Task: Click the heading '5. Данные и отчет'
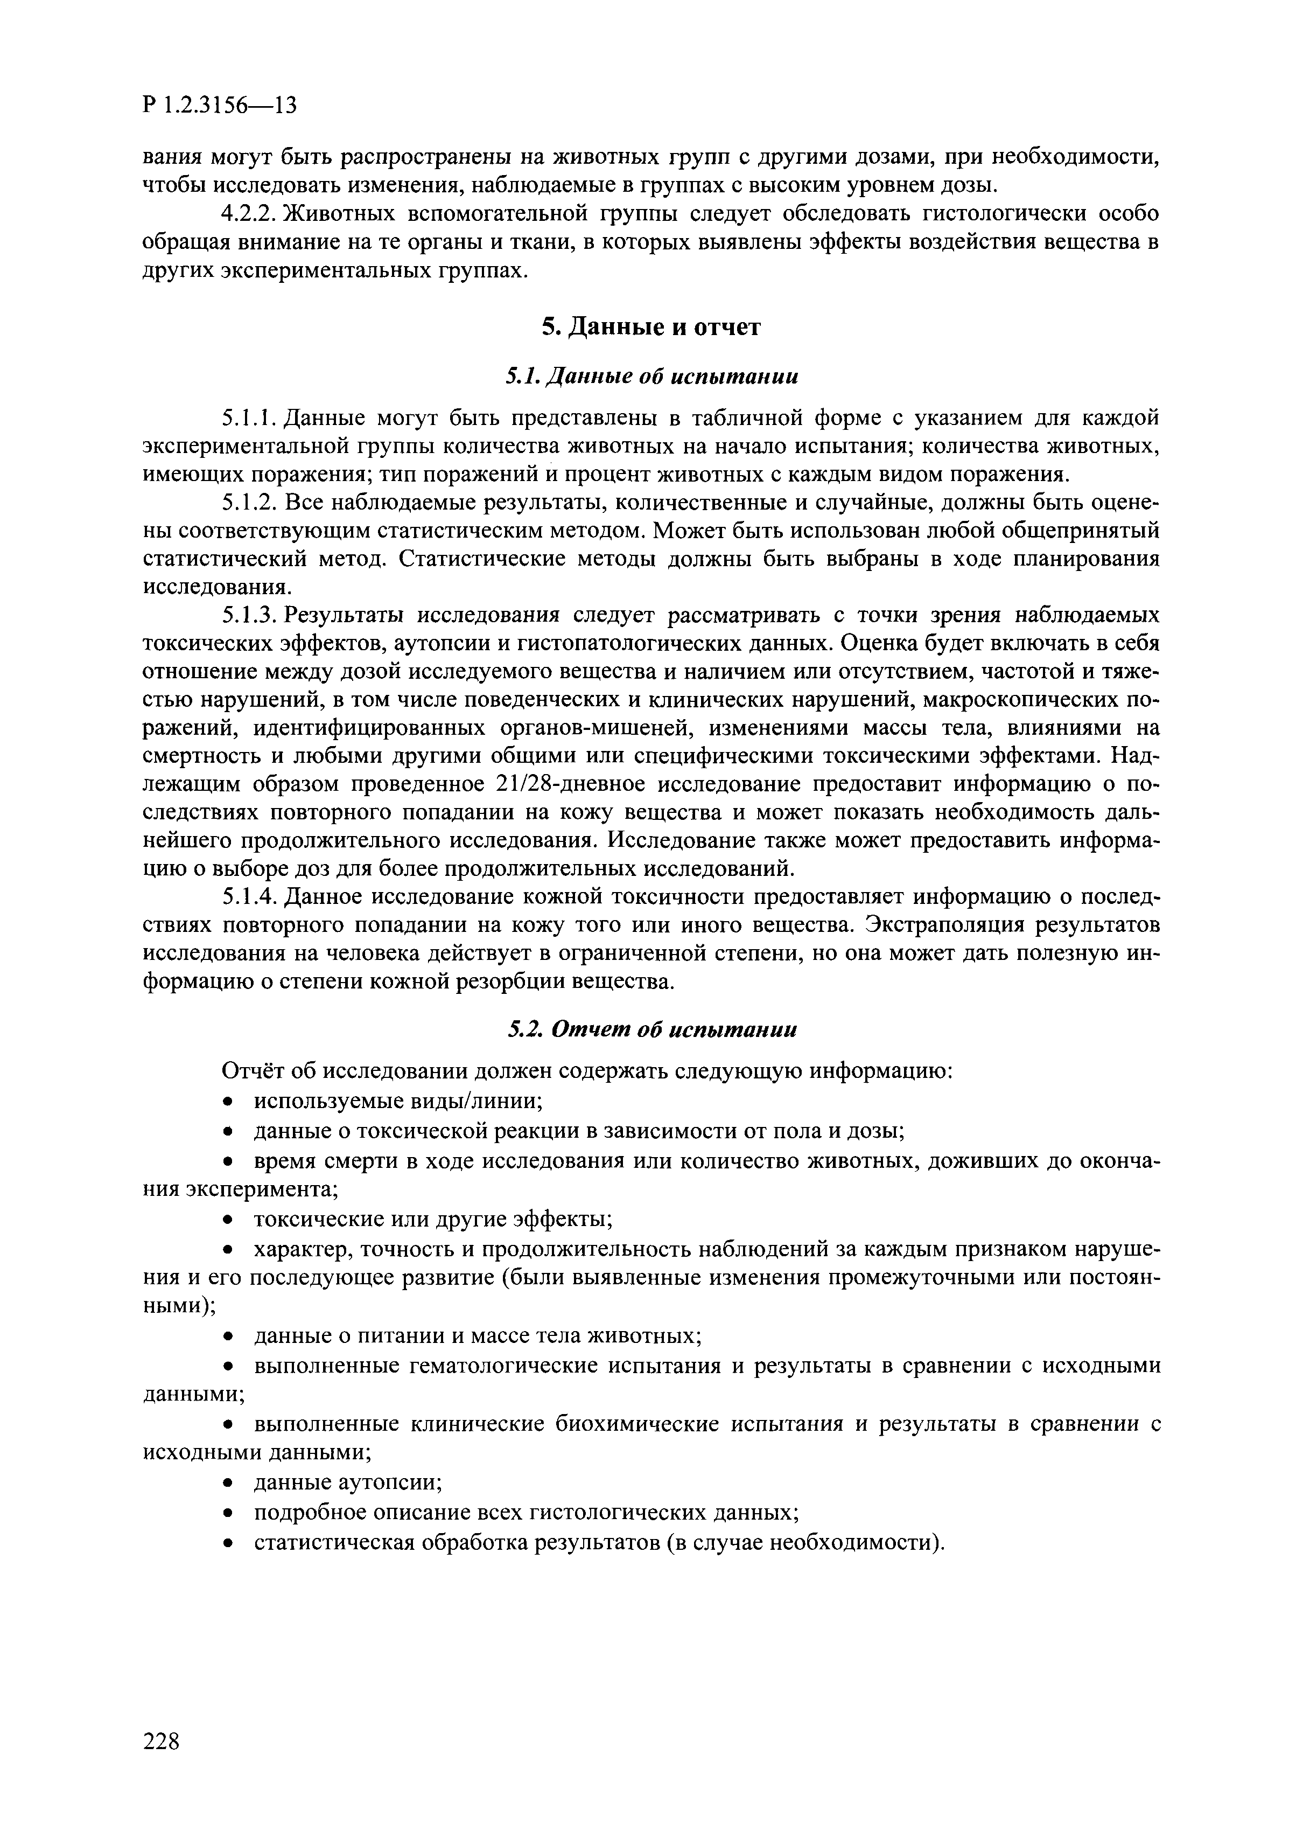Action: tap(651, 327)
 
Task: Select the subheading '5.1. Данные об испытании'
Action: tap(651, 376)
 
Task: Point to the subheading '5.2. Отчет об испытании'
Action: tap(651, 1029)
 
